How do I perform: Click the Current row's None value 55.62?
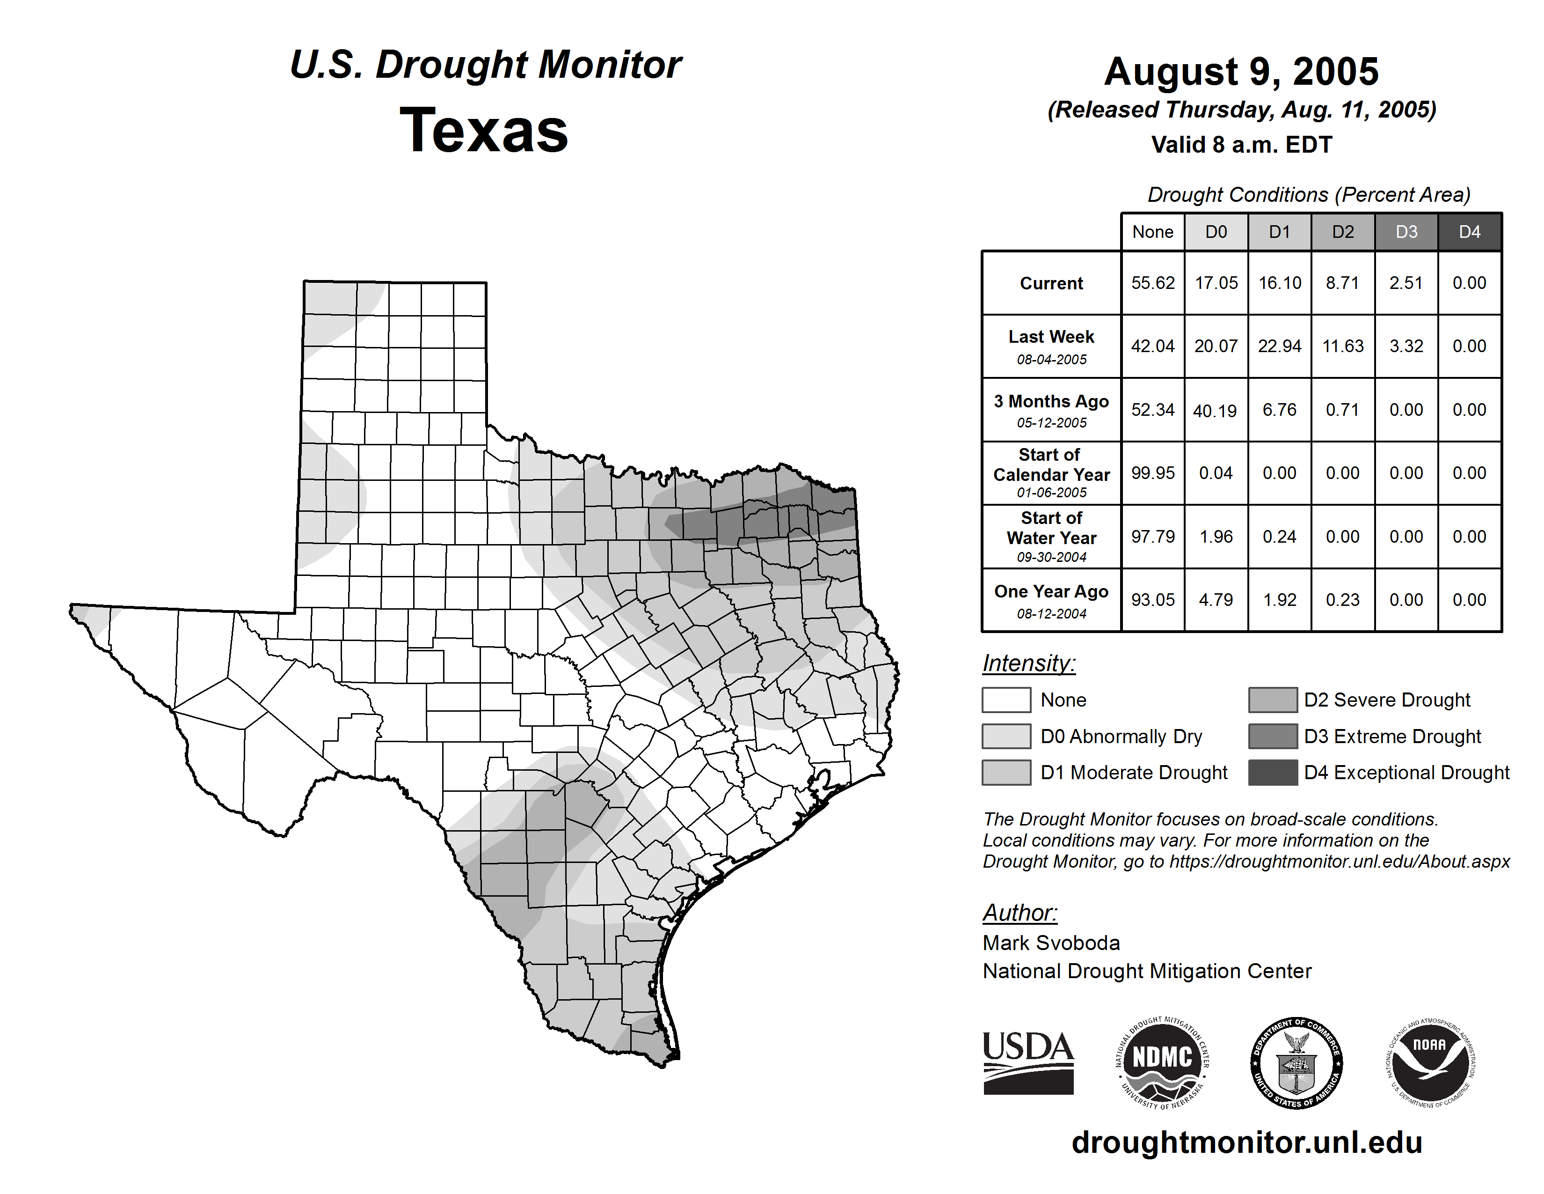[x=1152, y=283]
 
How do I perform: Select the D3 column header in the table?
[x=1406, y=232]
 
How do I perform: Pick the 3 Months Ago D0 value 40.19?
[x=1215, y=410]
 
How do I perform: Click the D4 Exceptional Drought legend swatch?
[x=1273, y=773]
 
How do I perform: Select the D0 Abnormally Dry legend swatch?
[x=1006, y=737]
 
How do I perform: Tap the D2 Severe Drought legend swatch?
[x=1273, y=700]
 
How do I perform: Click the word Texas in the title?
[x=484, y=131]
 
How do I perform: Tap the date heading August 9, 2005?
[x=1241, y=72]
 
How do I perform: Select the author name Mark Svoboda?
[x=1051, y=943]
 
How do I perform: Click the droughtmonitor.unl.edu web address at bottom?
[x=1247, y=1142]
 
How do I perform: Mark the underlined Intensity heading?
[x=1028, y=663]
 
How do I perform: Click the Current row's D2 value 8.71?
[x=1342, y=283]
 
